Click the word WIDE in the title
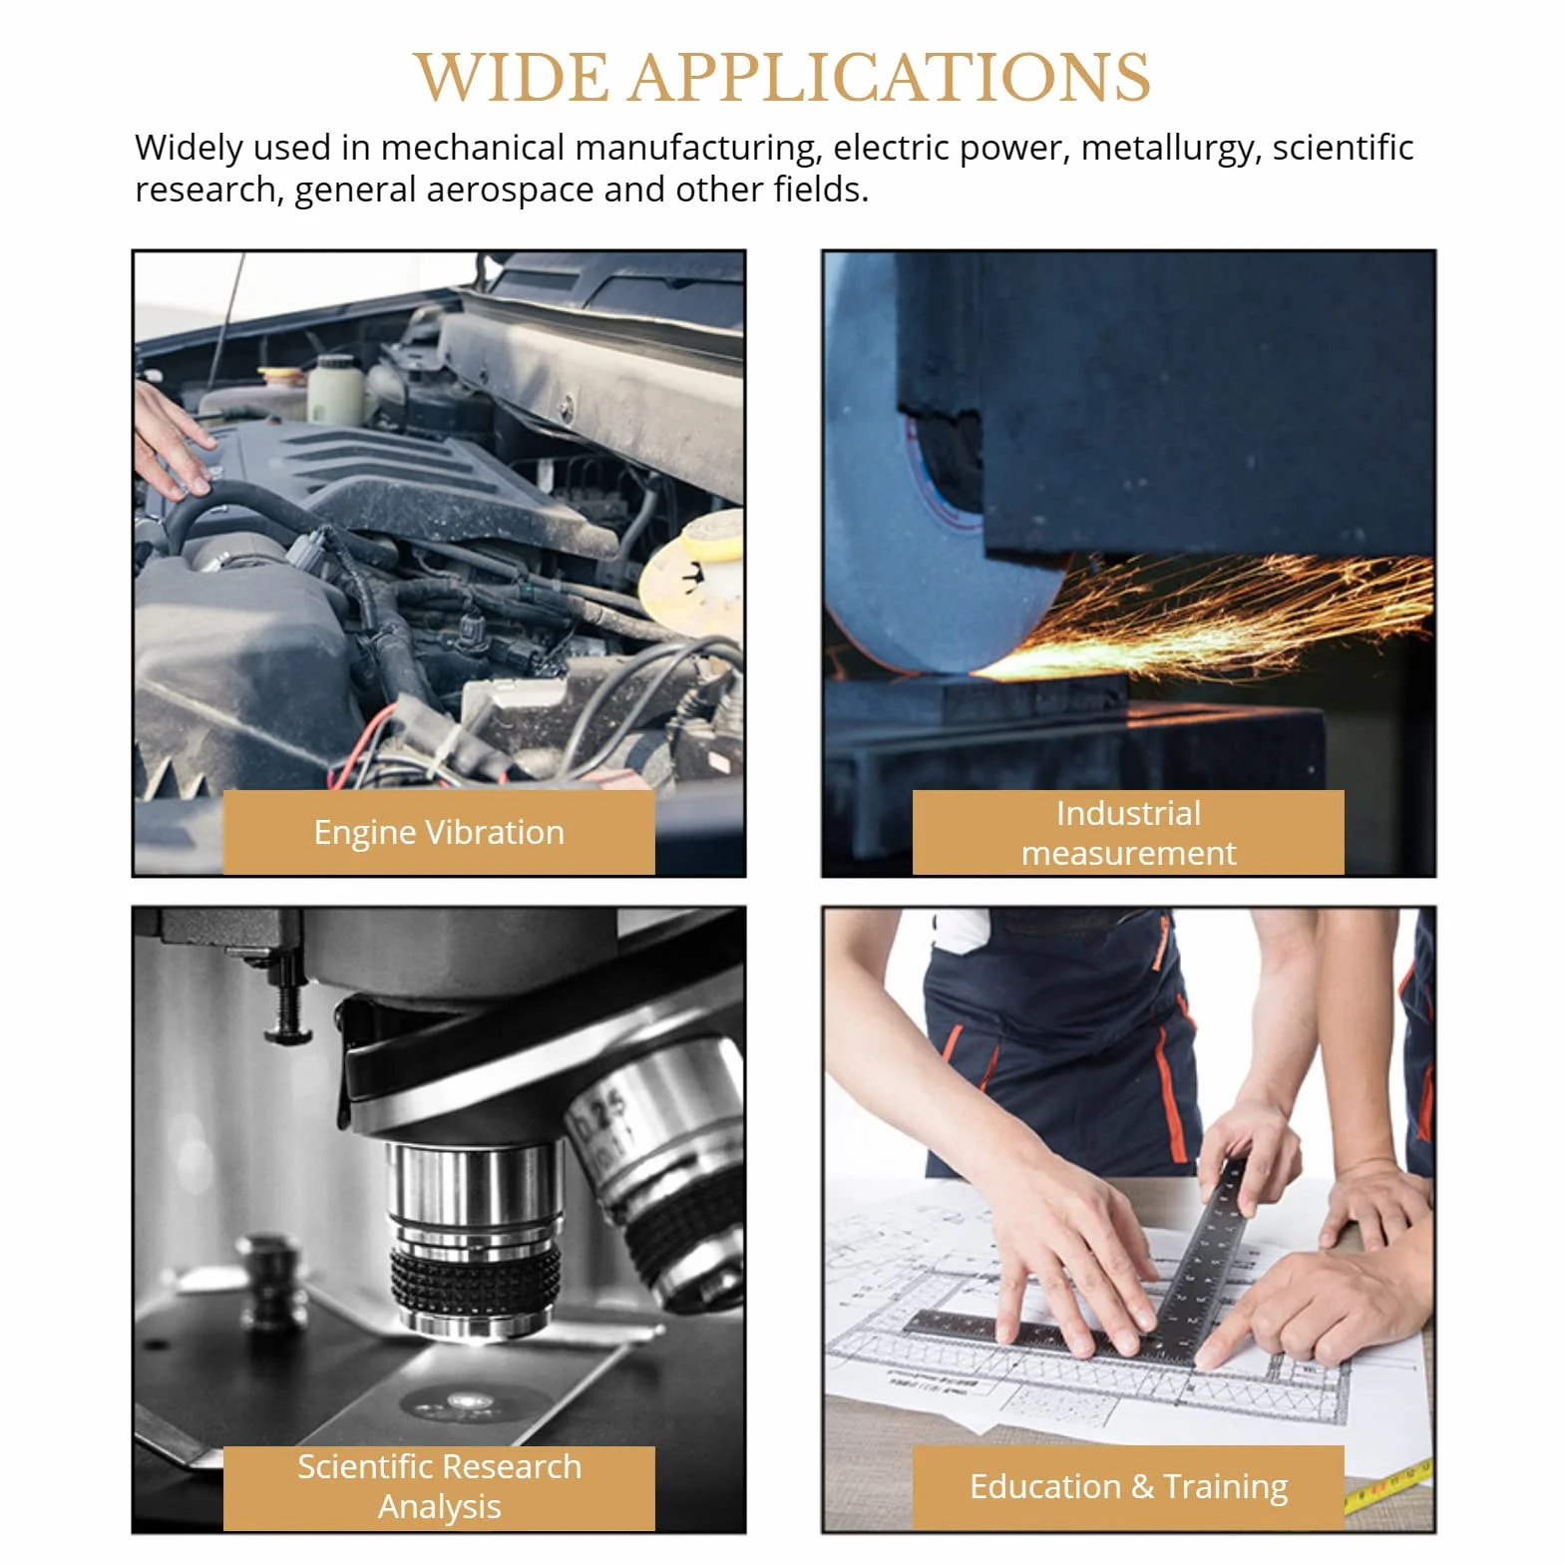(511, 78)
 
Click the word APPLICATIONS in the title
(890, 78)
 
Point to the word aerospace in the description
(509, 191)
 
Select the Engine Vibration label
(439, 832)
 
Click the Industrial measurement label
(1128, 833)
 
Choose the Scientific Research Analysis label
(439, 1487)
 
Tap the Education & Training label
(1128, 1487)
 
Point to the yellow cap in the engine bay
(694, 569)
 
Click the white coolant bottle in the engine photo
(335, 389)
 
